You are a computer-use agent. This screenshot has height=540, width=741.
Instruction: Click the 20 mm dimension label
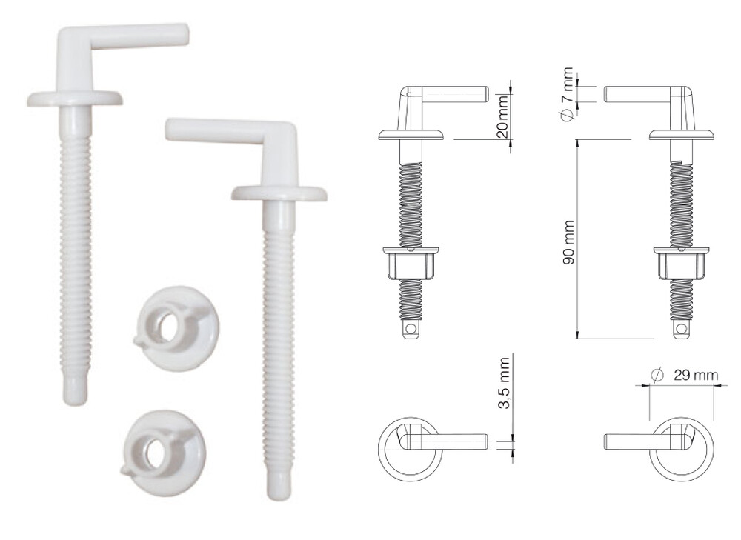(503, 116)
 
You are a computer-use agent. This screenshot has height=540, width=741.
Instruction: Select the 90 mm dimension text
(569, 242)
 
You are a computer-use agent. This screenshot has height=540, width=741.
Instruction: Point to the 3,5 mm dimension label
(504, 383)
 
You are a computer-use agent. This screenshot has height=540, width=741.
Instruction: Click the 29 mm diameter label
(684, 375)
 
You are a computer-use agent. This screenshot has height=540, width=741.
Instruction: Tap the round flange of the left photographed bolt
(75, 99)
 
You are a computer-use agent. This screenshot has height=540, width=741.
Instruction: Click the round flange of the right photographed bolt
(279, 193)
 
